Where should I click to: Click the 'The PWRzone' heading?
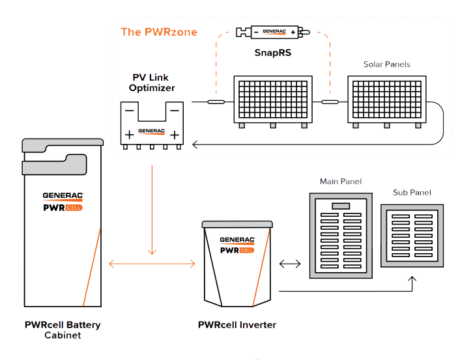[x=159, y=32]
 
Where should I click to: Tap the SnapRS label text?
[x=273, y=53]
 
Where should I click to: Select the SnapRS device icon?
[x=273, y=32]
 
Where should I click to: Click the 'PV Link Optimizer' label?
[x=152, y=83]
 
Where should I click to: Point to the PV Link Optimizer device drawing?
[x=152, y=125]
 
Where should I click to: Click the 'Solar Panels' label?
[x=386, y=64]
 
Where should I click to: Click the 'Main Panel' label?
[x=341, y=182]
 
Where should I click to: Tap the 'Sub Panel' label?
[x=412, y=193]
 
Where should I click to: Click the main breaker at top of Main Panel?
[x=341, y=206]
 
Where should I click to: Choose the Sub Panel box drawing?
[x=412, y=236]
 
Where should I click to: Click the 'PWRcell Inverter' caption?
[x=236, y=325]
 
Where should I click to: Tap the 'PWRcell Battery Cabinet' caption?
[x=63, y=330]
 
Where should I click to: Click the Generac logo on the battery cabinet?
[x=63, y=196]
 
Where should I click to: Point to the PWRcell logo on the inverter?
[x=237, y=250]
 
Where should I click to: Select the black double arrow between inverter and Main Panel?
[x=290, y=264]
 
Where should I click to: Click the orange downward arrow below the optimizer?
[x=152, y=210]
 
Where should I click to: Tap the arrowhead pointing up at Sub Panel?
[x=412, y=279]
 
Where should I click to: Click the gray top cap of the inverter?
[x=237, y=225]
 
